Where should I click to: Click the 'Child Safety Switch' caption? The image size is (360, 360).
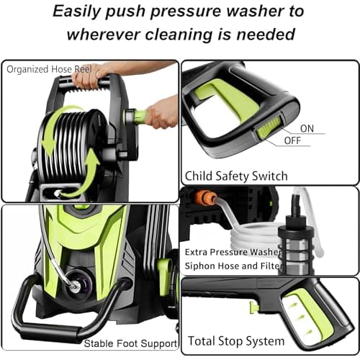(236, 176)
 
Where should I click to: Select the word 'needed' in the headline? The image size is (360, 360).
(269, 34)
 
